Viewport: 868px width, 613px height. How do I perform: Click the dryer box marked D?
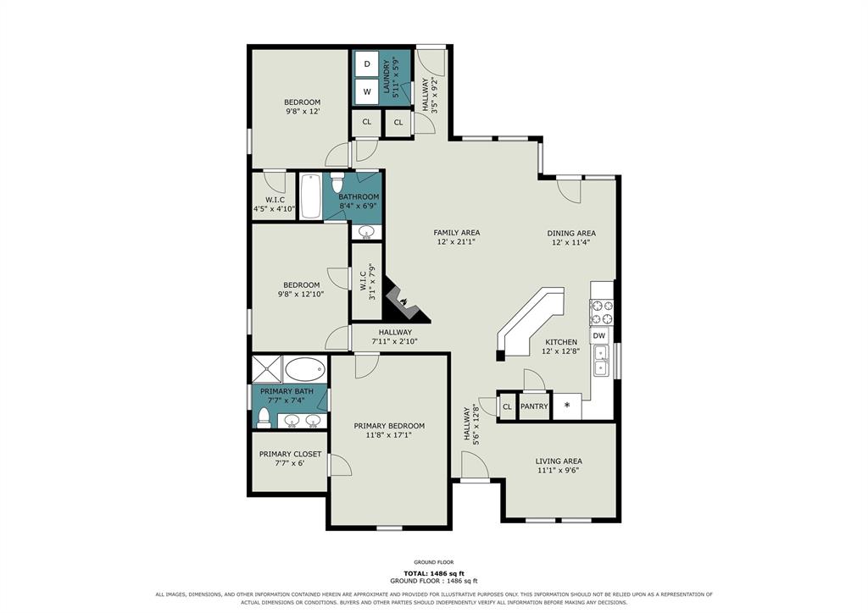(366, 64)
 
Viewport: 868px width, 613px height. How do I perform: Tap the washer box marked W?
(366, 91)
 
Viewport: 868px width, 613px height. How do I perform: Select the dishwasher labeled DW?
(599, 335)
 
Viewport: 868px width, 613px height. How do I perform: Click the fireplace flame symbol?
(404, 301)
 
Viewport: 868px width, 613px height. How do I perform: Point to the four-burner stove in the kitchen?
(602, 312)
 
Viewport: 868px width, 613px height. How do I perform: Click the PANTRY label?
(534, 406)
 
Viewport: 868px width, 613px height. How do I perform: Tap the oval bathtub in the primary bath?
(305, 369)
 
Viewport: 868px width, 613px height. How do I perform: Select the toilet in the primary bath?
(264, 418)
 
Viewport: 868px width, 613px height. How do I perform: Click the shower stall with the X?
(267, 369)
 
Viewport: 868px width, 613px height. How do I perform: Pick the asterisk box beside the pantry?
(567, 406)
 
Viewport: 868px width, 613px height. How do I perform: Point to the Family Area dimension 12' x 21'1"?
(456, 241)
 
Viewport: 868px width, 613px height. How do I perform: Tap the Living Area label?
(559, 461)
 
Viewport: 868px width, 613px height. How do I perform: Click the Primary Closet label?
(290, 454)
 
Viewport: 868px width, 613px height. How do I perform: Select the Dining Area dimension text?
(571, 242)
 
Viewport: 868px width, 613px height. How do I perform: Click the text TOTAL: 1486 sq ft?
(434, 573)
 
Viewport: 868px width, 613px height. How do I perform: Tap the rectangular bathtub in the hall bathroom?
(310, 196)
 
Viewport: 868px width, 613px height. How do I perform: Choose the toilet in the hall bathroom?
(337, 180)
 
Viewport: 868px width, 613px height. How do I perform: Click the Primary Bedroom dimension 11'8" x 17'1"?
(389, 435)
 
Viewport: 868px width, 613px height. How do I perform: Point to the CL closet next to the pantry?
(507, 406)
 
